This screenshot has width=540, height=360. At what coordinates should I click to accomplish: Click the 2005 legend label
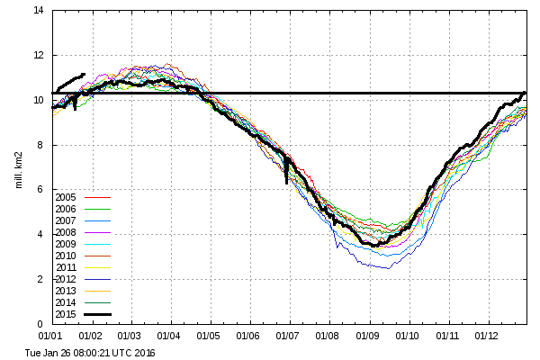pyautogui.click(x=65, y=197)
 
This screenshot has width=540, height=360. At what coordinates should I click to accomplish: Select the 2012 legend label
pyautogui.click(x=65, y=279)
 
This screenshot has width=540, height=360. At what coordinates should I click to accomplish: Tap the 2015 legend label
pyautogui.click(x=65, y=314)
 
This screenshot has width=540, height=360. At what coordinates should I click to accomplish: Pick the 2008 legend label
pyautogui.click(x=65, y=232)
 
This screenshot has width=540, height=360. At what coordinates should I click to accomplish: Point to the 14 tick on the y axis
pyautogui.click(x=40, y=11)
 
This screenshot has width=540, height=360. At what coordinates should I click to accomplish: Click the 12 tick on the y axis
pyautogui.click(x=40, y=56)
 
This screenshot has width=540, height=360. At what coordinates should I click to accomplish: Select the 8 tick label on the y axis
pyautogui.click(x=42, y=145)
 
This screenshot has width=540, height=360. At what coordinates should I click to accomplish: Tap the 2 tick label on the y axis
pyautogui.click(x=42, y=279)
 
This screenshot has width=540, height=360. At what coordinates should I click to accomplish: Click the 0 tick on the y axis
pyautogui.click(x=42, y=324)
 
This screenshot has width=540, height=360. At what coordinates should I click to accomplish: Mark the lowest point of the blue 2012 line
pyautogui.click(x=389, y=268)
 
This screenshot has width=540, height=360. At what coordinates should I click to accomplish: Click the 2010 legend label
pyautogui.click(x=65, y=256)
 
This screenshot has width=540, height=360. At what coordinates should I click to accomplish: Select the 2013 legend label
pyautogui.click(x=65, y=291)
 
